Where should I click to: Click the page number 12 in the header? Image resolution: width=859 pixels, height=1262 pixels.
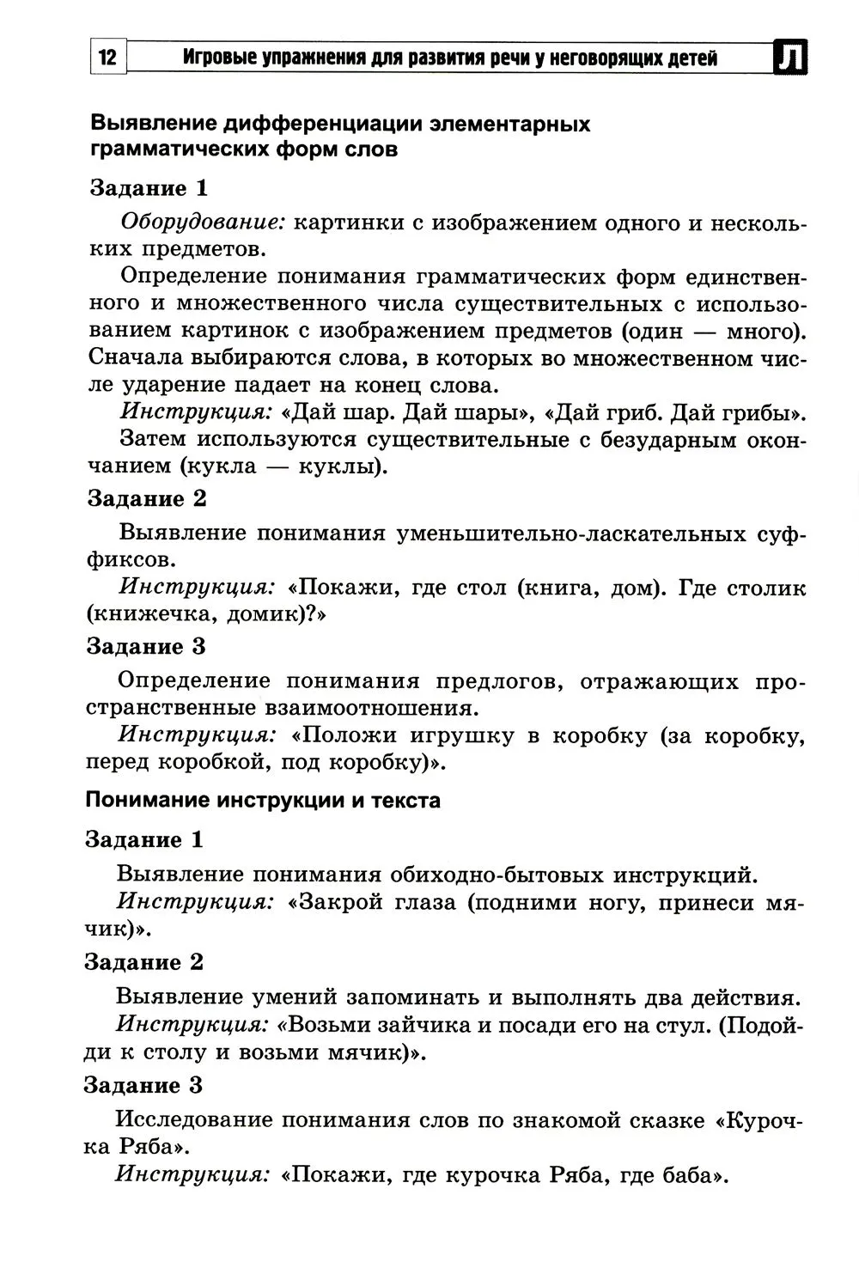[x=107, y=59]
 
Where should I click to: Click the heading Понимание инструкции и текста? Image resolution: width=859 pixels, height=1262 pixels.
[x=263, y=801]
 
